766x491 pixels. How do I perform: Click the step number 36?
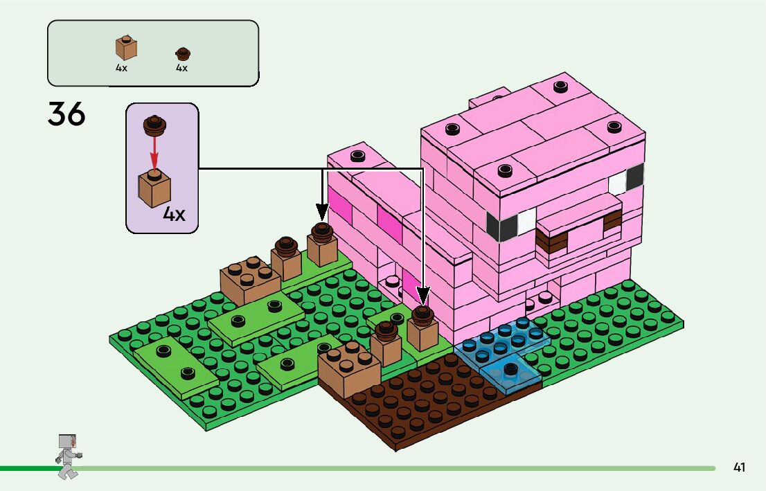66,114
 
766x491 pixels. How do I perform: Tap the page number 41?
739,467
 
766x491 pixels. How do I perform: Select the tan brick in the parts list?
125,47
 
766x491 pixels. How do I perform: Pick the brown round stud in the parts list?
182,53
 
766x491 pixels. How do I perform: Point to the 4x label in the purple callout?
174,214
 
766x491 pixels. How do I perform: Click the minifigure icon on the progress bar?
68,456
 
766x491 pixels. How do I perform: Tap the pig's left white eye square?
527,221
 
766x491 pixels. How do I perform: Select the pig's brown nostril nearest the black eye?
551,240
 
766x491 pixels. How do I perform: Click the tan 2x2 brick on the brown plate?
349,370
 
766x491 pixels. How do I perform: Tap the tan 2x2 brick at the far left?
249,276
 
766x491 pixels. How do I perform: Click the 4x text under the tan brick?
122,68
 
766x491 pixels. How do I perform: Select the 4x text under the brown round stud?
181,68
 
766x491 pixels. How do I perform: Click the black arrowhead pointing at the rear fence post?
321,211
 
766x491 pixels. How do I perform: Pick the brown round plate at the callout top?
153,124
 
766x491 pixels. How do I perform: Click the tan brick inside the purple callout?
154,186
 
